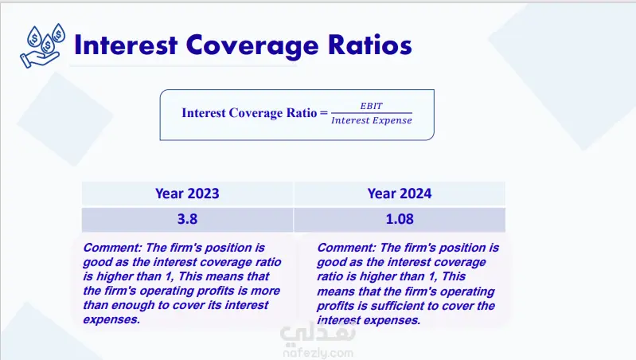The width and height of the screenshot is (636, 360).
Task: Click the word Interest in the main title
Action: click(126, 45)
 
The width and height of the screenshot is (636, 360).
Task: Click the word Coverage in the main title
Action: click(252, 46)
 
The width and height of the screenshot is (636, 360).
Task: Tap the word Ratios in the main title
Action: click(370, 45)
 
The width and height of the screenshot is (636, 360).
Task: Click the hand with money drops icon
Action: click(42, 45)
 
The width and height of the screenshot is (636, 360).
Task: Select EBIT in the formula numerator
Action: click(371, 106)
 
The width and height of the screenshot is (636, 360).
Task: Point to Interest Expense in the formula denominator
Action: click(372, 120)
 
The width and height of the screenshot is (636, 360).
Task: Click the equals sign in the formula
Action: click(323, 112)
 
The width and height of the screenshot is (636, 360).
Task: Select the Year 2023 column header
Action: click(187, 194)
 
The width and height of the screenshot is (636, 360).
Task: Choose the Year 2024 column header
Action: click(400, 194)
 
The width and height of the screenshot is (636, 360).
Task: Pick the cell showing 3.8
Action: click(187, 219)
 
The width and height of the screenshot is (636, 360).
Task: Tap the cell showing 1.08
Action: click(400, 219)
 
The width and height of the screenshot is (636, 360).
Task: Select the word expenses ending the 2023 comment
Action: click(111, 320)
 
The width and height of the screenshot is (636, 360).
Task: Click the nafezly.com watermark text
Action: click(318, 353)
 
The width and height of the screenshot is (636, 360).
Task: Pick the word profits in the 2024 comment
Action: click(336, 306)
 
